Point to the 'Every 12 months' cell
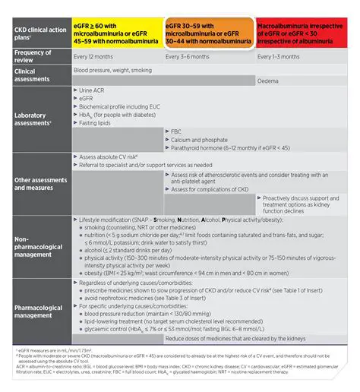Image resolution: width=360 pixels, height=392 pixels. (x=96, y=57)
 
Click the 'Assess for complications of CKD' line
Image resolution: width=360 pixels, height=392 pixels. (x=210, y=190)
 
